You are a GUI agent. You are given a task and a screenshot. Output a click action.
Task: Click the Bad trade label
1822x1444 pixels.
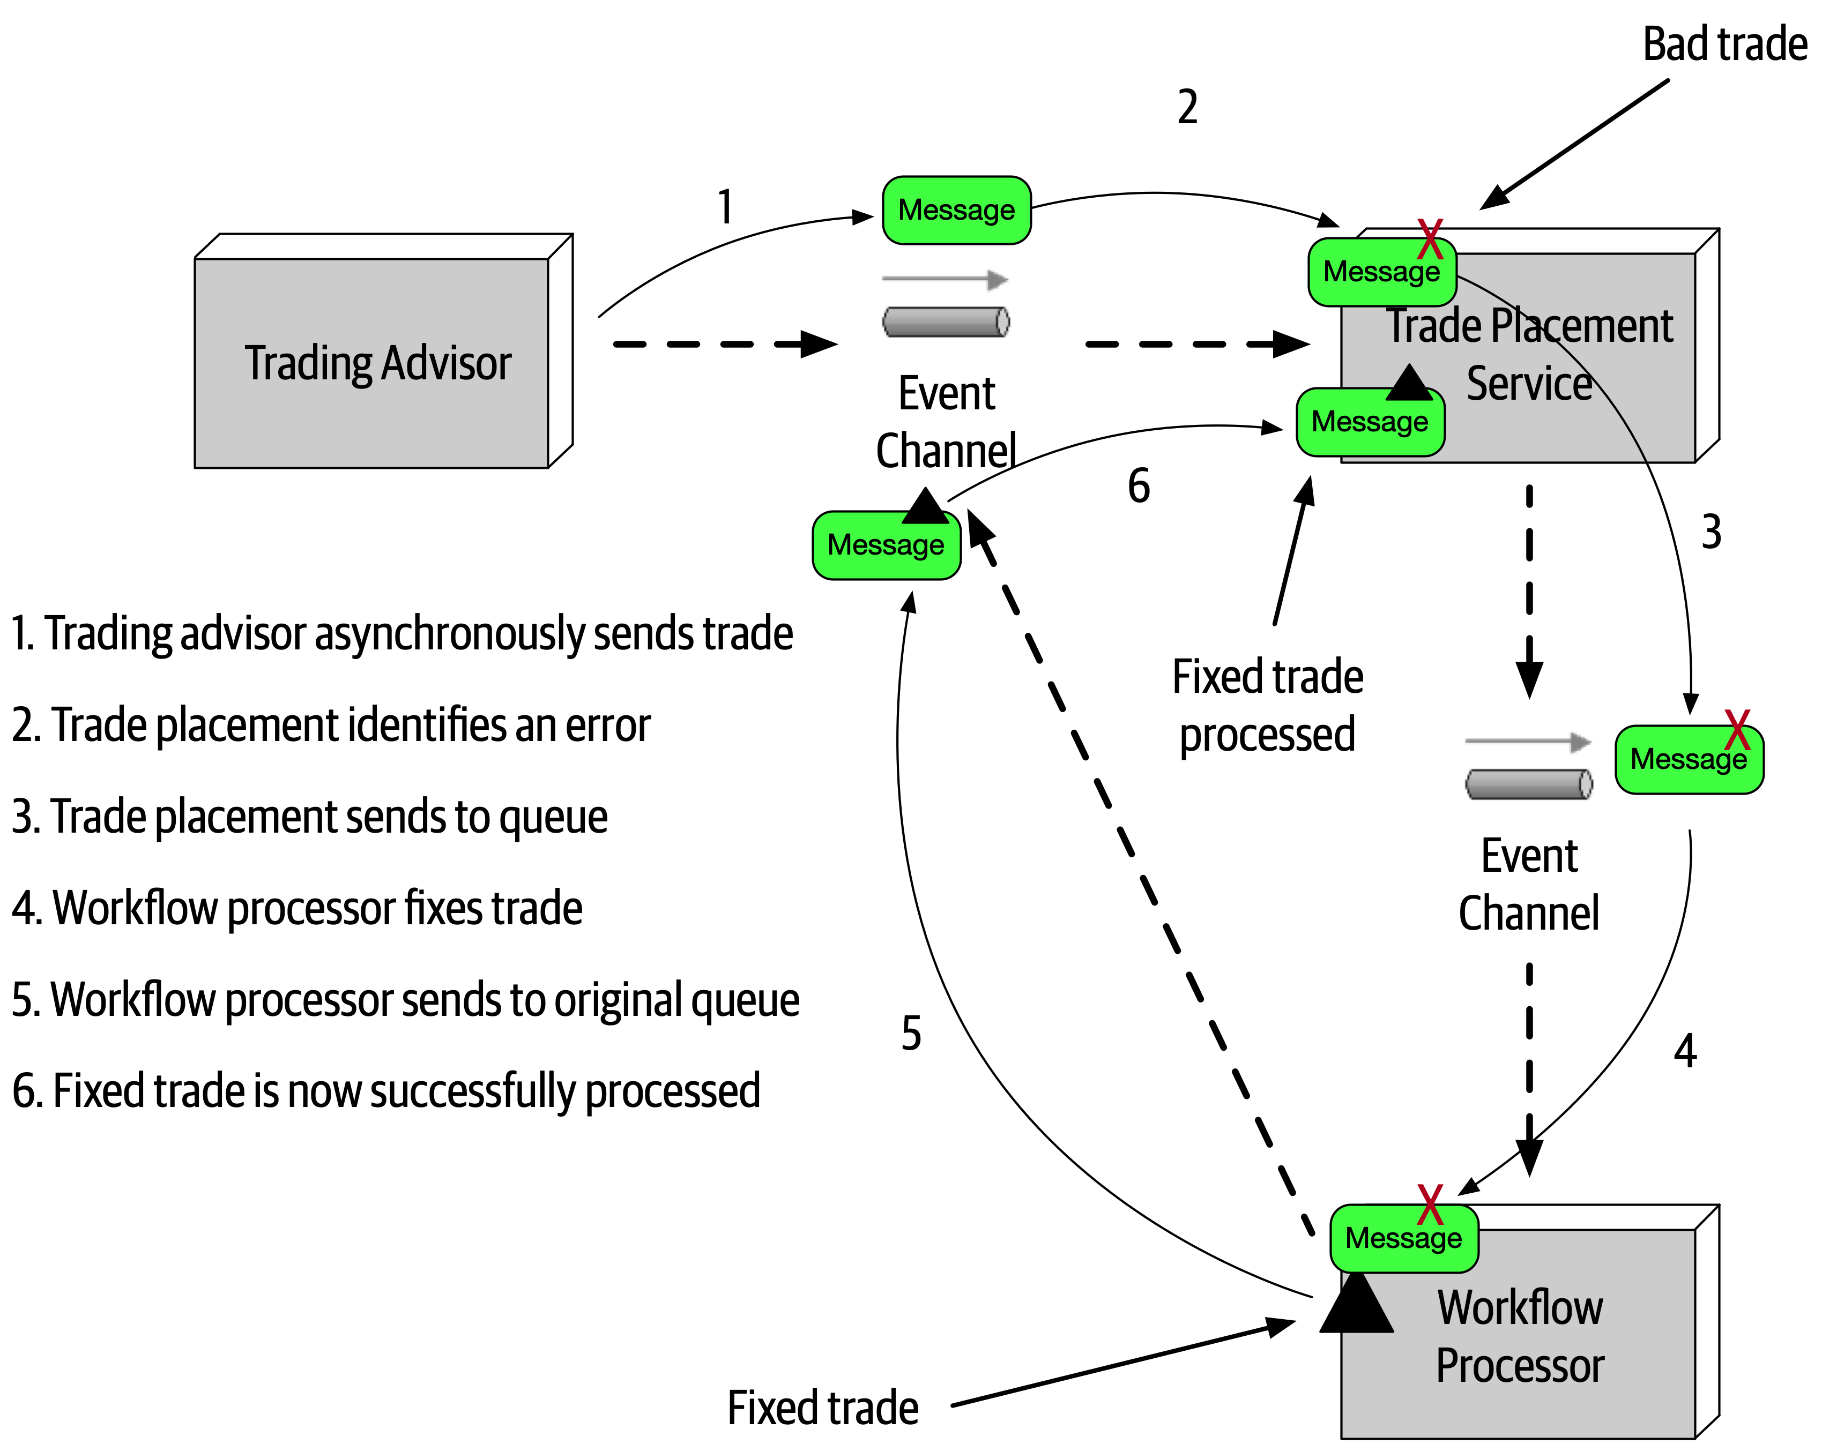point(1724,44)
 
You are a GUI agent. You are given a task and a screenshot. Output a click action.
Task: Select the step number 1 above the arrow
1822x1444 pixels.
point(725,207)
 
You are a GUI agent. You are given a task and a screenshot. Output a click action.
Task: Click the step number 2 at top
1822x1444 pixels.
point(1187,107)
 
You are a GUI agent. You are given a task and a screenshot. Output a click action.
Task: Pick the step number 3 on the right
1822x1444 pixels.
point(1711,532)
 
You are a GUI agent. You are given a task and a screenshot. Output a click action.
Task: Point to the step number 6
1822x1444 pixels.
point(1139,487)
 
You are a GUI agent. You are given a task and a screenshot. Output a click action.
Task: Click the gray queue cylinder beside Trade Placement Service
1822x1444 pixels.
point(946,322)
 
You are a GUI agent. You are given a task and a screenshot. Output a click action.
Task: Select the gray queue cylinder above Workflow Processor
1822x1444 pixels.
point(1529,784)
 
